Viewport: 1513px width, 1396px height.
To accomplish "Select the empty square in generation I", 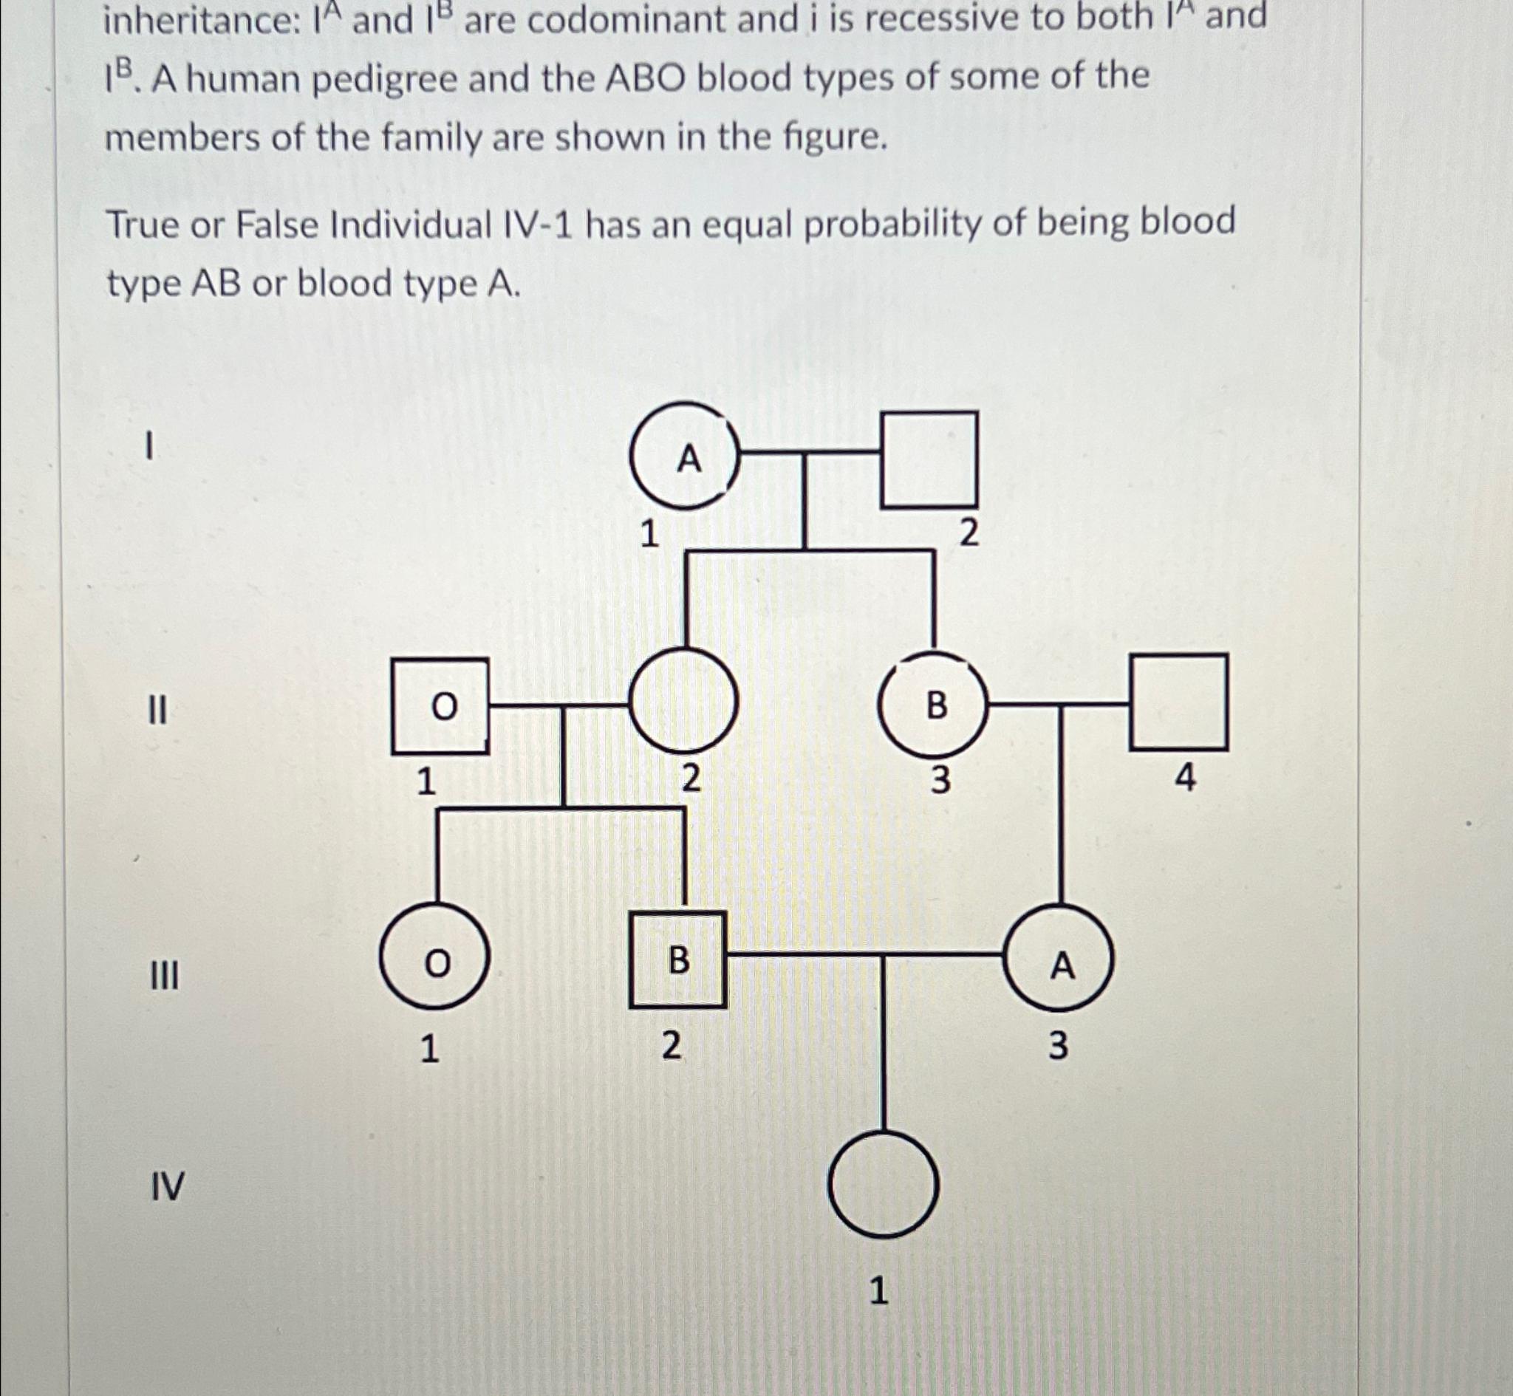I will tap(929, 459).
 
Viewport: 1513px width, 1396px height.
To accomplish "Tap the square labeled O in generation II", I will tap(440, 705).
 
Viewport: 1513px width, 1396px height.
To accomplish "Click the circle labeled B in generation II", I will tap(934, 705).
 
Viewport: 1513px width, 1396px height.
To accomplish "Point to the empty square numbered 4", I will tap(1178, 702).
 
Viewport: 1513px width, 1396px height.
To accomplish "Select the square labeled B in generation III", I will tap(678, 960).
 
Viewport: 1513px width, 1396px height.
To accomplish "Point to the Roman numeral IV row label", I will tap(167, 1187).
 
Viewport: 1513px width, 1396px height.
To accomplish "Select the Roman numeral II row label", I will tap(157, 711).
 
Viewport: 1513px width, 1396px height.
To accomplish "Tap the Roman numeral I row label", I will tap(150, 444).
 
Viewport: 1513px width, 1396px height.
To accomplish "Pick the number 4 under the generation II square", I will tap(1185, 777).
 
